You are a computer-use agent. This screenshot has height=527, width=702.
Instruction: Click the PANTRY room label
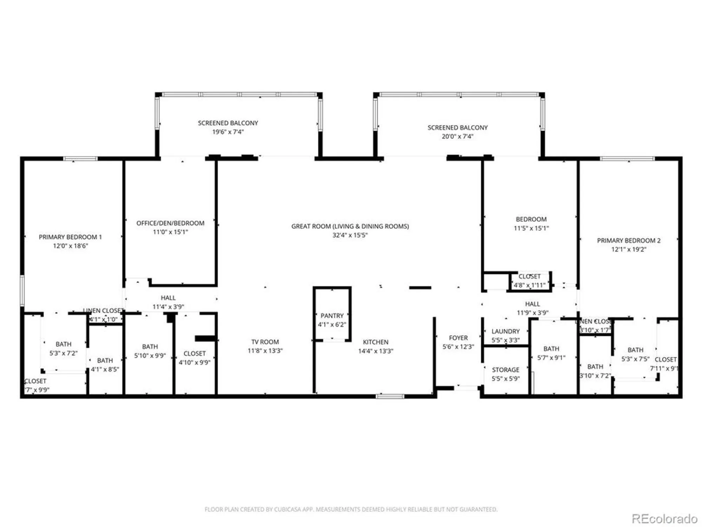(332, 315)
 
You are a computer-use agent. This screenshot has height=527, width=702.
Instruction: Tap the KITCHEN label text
(375, 342)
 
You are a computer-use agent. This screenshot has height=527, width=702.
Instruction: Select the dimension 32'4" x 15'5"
(350, 235)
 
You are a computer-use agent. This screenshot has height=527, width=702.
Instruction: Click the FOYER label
(458, 338)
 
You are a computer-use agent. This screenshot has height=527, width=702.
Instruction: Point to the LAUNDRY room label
(505, 331)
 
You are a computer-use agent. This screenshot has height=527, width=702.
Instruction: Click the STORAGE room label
(505, 370)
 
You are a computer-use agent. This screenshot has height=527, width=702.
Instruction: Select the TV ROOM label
(265, 342)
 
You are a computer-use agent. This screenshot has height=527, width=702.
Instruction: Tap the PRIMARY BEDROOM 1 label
(70, 237)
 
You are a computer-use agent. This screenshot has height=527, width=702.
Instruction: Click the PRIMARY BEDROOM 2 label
(628, 241)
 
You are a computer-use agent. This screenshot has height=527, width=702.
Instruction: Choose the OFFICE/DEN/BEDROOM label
(170, 223)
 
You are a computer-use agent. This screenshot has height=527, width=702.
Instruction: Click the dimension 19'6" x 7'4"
(228, 132)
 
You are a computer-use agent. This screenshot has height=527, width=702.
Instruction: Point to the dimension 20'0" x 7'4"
(457, 136)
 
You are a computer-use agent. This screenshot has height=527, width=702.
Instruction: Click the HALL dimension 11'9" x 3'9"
(532, 313)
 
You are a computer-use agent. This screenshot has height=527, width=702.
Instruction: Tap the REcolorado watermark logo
(664, 519)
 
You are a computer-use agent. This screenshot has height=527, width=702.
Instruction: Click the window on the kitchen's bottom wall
(390, 396)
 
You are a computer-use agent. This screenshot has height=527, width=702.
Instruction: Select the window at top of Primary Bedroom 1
(80, 159)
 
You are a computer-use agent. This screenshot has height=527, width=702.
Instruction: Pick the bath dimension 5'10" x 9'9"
(150, 356)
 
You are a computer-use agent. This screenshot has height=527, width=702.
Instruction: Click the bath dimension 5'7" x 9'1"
(551, 358)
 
